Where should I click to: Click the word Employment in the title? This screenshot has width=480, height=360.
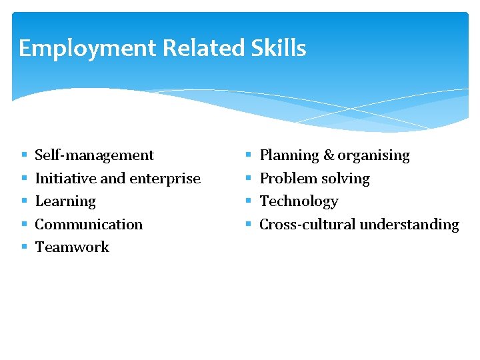(87, 49)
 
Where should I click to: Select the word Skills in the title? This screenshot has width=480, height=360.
(281, 48)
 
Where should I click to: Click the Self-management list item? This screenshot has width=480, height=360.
(94, 155)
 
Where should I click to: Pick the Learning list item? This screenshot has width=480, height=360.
(65, 201)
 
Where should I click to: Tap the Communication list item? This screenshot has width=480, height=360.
(89, 224)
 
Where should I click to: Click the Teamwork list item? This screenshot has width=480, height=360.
(72, 247)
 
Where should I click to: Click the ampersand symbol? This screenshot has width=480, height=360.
(329, 155)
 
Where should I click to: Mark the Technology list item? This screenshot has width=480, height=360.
(299, 201)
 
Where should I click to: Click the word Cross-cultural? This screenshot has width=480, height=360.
(307, 224)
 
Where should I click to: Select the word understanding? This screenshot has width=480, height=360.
(409, 224)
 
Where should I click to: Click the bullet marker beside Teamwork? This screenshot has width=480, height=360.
(23, 247)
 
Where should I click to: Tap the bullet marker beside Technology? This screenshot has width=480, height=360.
(248, 201)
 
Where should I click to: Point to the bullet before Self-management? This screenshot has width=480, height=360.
(23, 155)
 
